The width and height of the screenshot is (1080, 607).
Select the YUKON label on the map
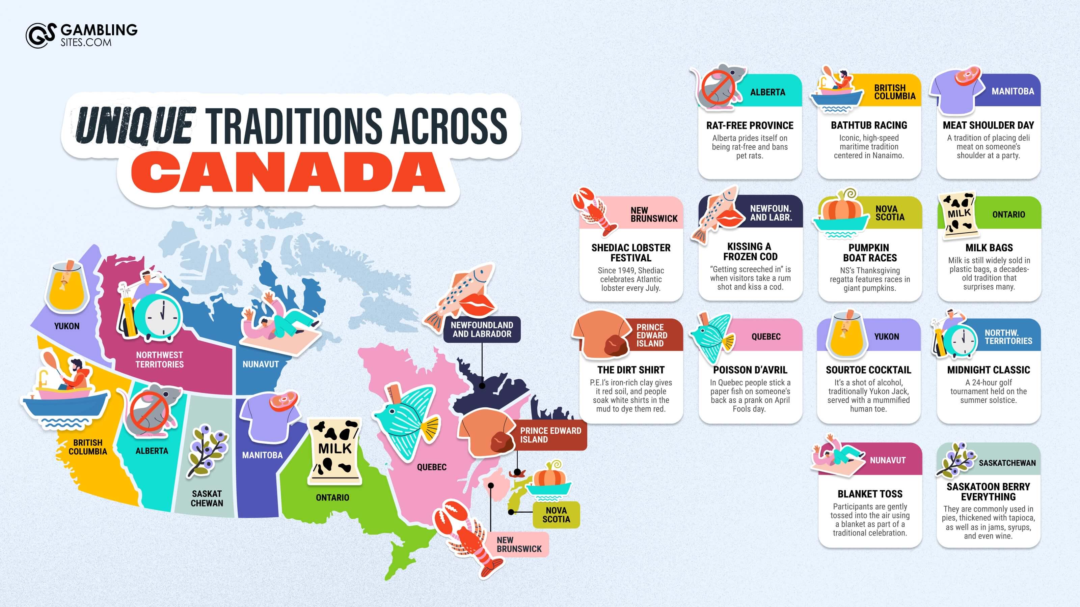[67, 326]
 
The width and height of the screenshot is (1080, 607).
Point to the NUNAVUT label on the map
[260, 364]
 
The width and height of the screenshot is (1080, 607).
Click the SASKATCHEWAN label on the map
[207, 498]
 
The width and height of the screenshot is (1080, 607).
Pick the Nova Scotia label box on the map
[556, 514]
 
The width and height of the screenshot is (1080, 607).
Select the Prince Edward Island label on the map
[550, 435]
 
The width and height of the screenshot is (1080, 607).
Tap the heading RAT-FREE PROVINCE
[750, 125]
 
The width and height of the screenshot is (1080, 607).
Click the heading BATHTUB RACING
[869, 125]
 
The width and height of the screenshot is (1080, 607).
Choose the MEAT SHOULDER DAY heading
[988, 125]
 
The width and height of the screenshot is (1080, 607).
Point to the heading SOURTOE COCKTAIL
[868, 370]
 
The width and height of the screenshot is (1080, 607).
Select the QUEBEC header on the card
[765, 337]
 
